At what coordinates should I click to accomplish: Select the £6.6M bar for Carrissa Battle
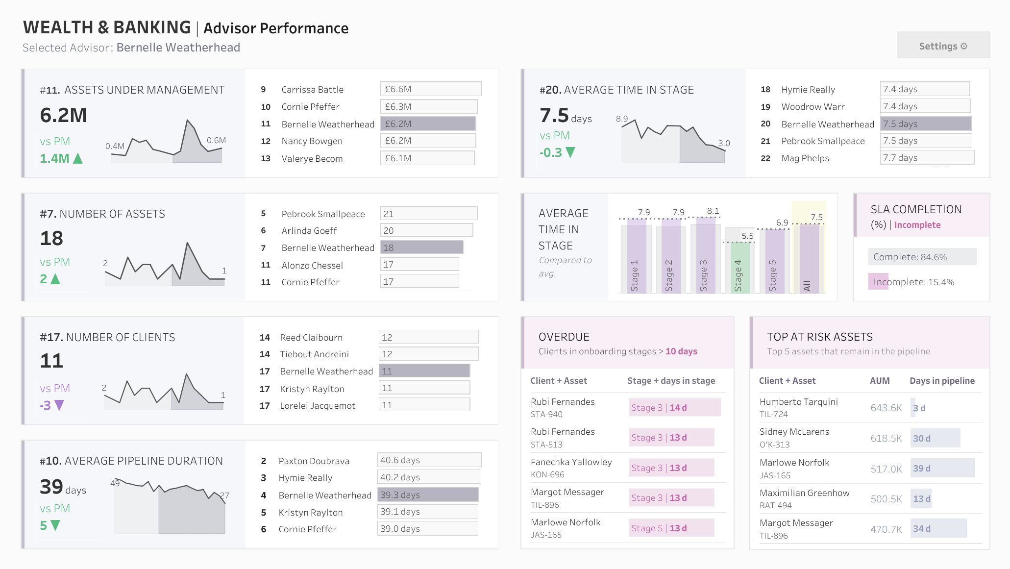click(431, 89)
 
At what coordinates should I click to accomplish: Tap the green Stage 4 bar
click(740, 268)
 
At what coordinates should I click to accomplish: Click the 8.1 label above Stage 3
click(713, 211)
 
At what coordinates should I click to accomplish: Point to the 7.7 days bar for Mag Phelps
click(927, 157)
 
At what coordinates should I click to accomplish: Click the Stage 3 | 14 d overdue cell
click(674, 407)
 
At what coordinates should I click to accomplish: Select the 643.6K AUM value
click(886, 408)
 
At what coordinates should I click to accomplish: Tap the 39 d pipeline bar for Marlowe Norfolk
click(942, 468)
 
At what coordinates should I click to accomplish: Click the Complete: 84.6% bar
click(922, 256)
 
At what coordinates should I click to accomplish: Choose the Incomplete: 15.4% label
click(913, 282)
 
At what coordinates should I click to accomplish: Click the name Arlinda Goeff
click(309, 230)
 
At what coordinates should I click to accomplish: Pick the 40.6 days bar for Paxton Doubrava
click(429, 460)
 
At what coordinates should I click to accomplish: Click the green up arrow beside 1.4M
click(77, 158)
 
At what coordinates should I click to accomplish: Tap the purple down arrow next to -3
click(59, 405)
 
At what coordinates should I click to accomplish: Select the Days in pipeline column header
click(942, 381)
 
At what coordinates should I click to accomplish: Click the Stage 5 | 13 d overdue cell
click(671, 528)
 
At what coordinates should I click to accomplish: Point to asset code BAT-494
click(775, 505)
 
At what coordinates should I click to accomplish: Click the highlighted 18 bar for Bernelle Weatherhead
click(421, 247)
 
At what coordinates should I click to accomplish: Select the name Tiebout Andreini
click(314, 354)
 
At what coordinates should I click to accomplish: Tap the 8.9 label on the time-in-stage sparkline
click(621, 119)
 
